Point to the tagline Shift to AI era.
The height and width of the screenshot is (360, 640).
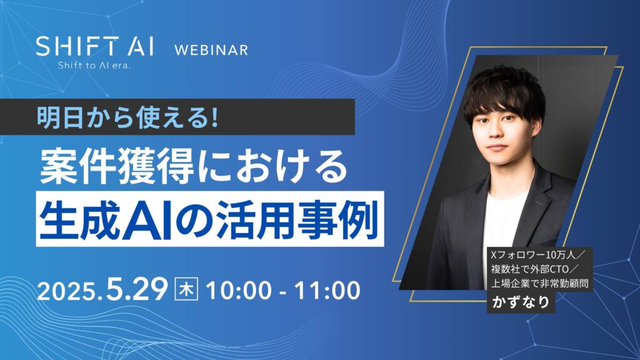tap(94, 64)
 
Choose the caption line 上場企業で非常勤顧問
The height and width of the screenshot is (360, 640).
tap(539, 285)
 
